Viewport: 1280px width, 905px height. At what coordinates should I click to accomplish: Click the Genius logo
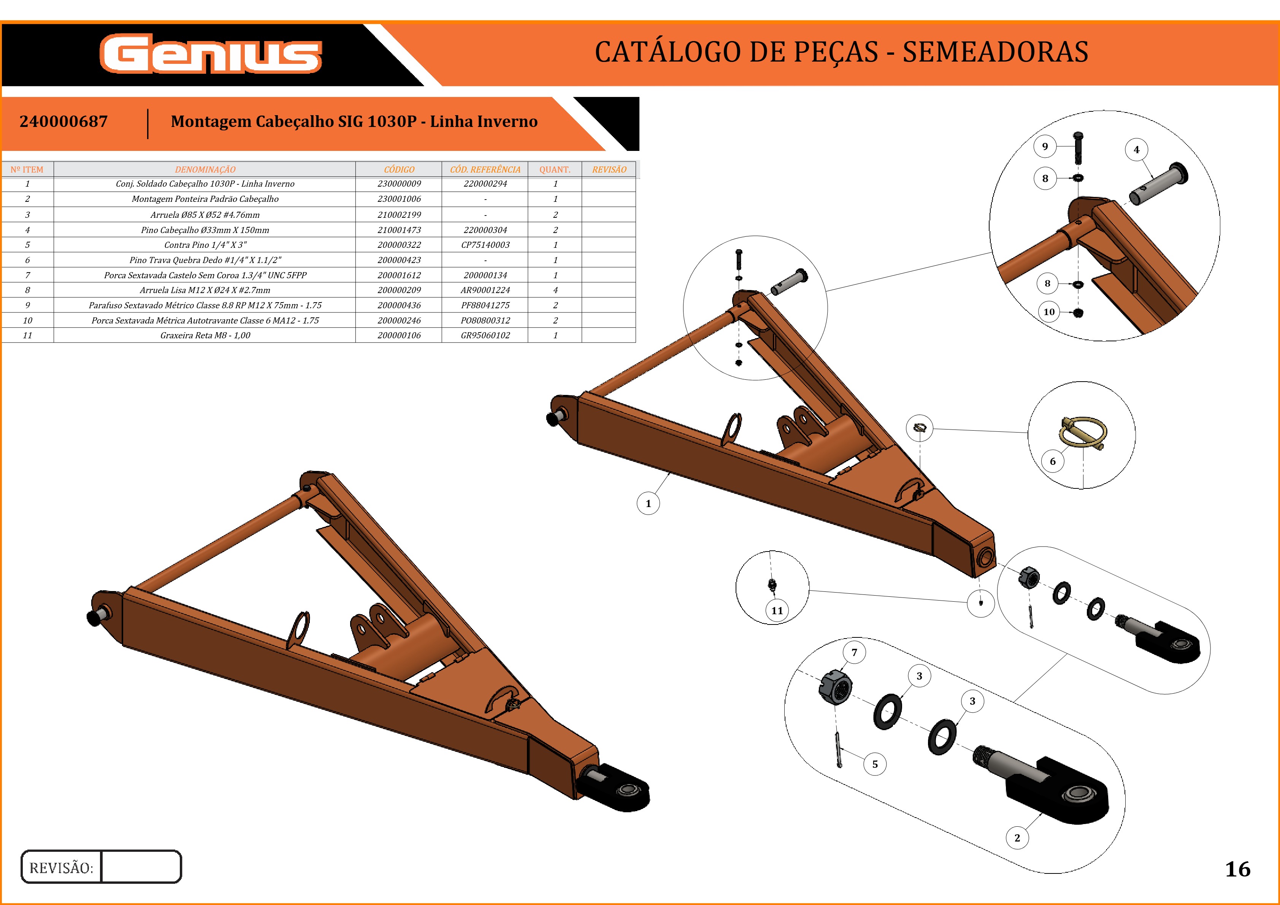tap(211, 54)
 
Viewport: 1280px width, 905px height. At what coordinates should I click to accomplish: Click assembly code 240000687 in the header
tap(63, 122)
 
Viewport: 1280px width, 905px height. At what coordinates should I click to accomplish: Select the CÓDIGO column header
tap(399, 170)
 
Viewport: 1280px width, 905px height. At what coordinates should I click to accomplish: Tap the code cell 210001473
tap(399, 230)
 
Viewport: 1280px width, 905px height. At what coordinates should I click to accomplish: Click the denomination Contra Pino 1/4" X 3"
tap(205, 245)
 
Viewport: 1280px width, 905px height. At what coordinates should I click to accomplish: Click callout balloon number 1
tap(648, 504)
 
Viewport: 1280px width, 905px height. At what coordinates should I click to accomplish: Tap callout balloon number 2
tap(1017, 838)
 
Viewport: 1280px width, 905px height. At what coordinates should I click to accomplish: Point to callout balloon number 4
tap(1136, 150)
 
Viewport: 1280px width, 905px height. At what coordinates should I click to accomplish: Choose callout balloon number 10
tap(1049, 312)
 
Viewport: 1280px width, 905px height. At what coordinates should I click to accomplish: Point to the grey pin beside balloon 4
tap(1158, 184)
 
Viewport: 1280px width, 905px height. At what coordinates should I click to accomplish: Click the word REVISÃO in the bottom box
tap(61, 868)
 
